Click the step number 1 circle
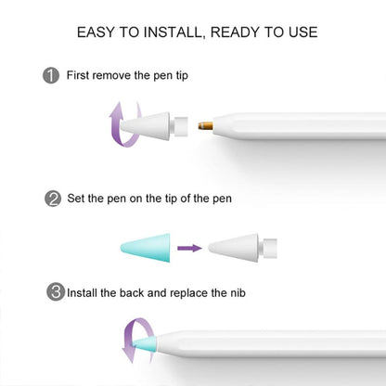52,75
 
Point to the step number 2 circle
52,198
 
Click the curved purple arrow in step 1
121,125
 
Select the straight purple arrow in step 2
189,248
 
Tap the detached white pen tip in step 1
161,125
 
